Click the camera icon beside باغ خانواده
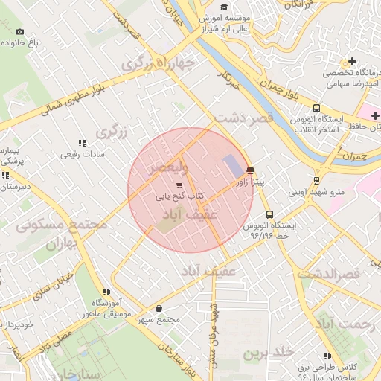pos(19,32)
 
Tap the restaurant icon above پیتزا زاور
pos(250,170)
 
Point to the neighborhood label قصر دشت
pos(244,118)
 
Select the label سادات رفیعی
pos(83,156)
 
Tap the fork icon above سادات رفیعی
pos(82,144)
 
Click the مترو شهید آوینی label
pos(318,191)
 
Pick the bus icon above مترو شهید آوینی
pos(317,180)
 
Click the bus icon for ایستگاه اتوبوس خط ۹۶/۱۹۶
pos(269,214)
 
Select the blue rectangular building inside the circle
pos(232,166)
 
